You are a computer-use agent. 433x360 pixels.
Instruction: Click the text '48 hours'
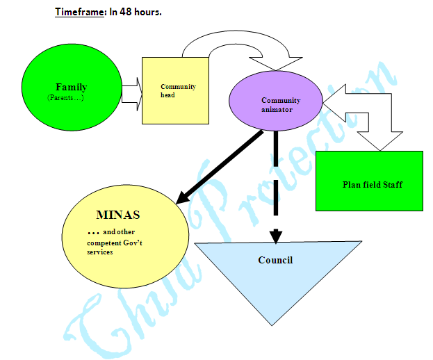(140, 13)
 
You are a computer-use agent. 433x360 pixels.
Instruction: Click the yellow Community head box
(175, 104)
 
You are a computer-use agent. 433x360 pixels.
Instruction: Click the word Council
(275, 260)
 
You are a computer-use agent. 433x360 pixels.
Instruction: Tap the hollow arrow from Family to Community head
(131, 91)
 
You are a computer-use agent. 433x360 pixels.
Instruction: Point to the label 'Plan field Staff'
(373, 185)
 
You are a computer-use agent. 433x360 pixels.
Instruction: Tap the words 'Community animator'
(281, 104)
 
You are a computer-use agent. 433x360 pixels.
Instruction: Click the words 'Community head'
(178, 90)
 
